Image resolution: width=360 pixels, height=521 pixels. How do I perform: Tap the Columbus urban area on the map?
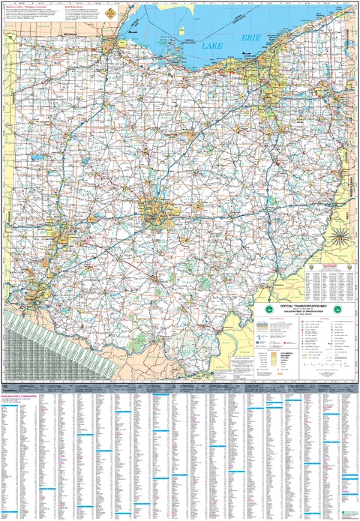(153, 213)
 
